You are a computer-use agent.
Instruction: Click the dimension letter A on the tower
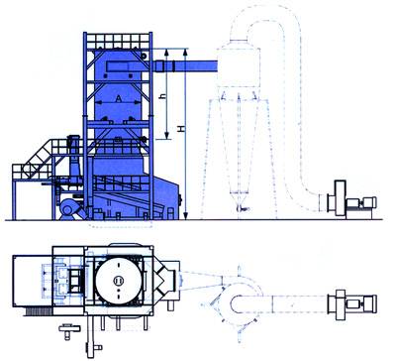tap(119, 98)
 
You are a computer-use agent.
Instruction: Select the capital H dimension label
tap(181, 129)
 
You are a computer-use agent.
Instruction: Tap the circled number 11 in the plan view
tap(119, 281)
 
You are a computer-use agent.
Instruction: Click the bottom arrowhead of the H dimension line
tap(186, 216)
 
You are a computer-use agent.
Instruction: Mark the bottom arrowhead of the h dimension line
tap(166, 136)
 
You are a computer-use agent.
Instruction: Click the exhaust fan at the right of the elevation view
tap(351, 199)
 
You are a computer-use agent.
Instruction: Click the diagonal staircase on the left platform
tap(38, 160)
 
